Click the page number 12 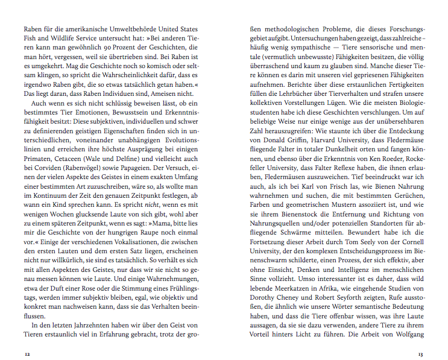[x=27, y=354]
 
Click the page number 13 [x=421, y=354]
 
